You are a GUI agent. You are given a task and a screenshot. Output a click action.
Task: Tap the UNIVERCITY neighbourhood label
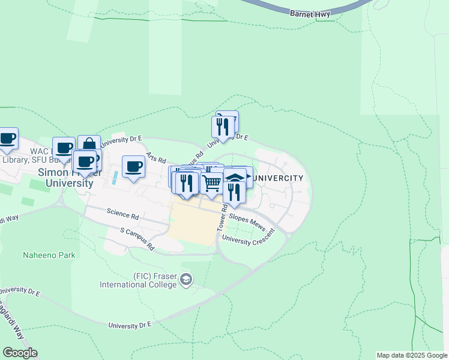click(x=277, y=179)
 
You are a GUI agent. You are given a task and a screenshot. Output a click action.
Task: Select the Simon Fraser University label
click(x=66, y=178)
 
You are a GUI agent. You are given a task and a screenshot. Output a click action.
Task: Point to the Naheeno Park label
click(x=49, y=255)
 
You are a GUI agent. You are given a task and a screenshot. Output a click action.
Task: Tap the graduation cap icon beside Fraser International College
click(x=187, y=279)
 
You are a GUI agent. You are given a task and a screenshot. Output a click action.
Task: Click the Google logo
click(x=20, y=353)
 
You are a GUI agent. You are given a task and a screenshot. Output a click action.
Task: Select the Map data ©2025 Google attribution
click(x=411, y=355)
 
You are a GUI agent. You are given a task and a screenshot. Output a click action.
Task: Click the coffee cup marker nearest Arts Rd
click(x=134, y=166)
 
